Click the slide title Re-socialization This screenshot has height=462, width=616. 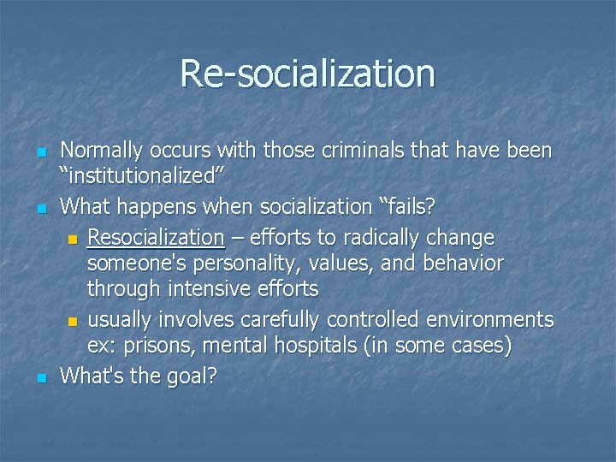point(307,74)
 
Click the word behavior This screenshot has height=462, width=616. point(459,263)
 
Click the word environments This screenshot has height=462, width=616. point(495,319)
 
